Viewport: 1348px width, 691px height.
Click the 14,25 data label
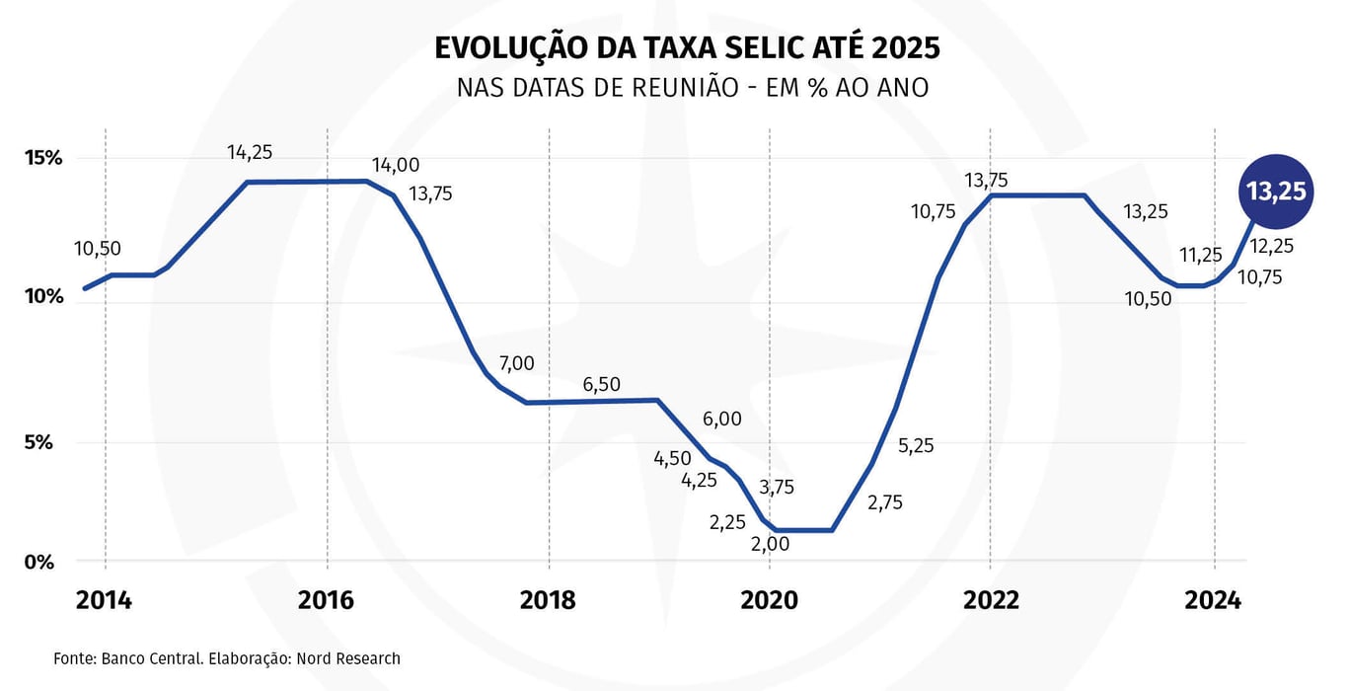coord(250,152)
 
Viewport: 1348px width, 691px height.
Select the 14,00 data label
coord(395,165)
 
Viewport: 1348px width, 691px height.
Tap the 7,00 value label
coord(516,363)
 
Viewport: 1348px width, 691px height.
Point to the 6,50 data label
coord(602,384)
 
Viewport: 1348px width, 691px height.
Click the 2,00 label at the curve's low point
coord(771,543)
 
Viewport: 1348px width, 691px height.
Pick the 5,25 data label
coord(915,445)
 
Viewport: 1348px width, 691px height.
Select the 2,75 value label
coord(884,502)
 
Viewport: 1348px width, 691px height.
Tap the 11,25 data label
coord(1201,255)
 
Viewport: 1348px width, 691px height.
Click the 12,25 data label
coord(1272,247)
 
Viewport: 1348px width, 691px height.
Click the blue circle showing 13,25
coord(1276,192)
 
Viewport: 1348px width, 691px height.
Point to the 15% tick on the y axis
coord(44,158)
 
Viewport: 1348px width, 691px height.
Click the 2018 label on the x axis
coord(549,600)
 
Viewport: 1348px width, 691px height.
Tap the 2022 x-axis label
coord(991,600)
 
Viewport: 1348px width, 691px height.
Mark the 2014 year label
coord(104,600)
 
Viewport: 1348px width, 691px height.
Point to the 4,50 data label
coord(672,458)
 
